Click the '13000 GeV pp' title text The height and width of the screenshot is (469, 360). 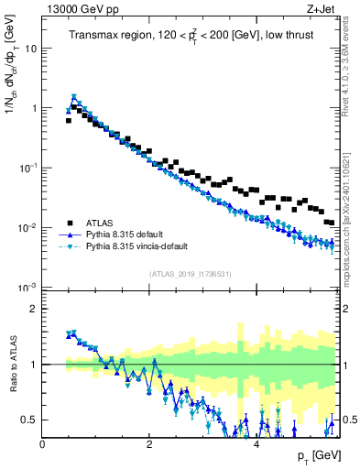pyautogui.click(x=76, y=10)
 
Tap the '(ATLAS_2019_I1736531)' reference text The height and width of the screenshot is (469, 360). pyautogui.click(x=191, y=275)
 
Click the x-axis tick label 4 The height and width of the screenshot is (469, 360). pyautogui.click(x=256, y=443)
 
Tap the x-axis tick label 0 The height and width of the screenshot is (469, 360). pyautogui.click(x=43, y=443)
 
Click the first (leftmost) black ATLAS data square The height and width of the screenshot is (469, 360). pyautogui.click(x=69, y=120)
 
